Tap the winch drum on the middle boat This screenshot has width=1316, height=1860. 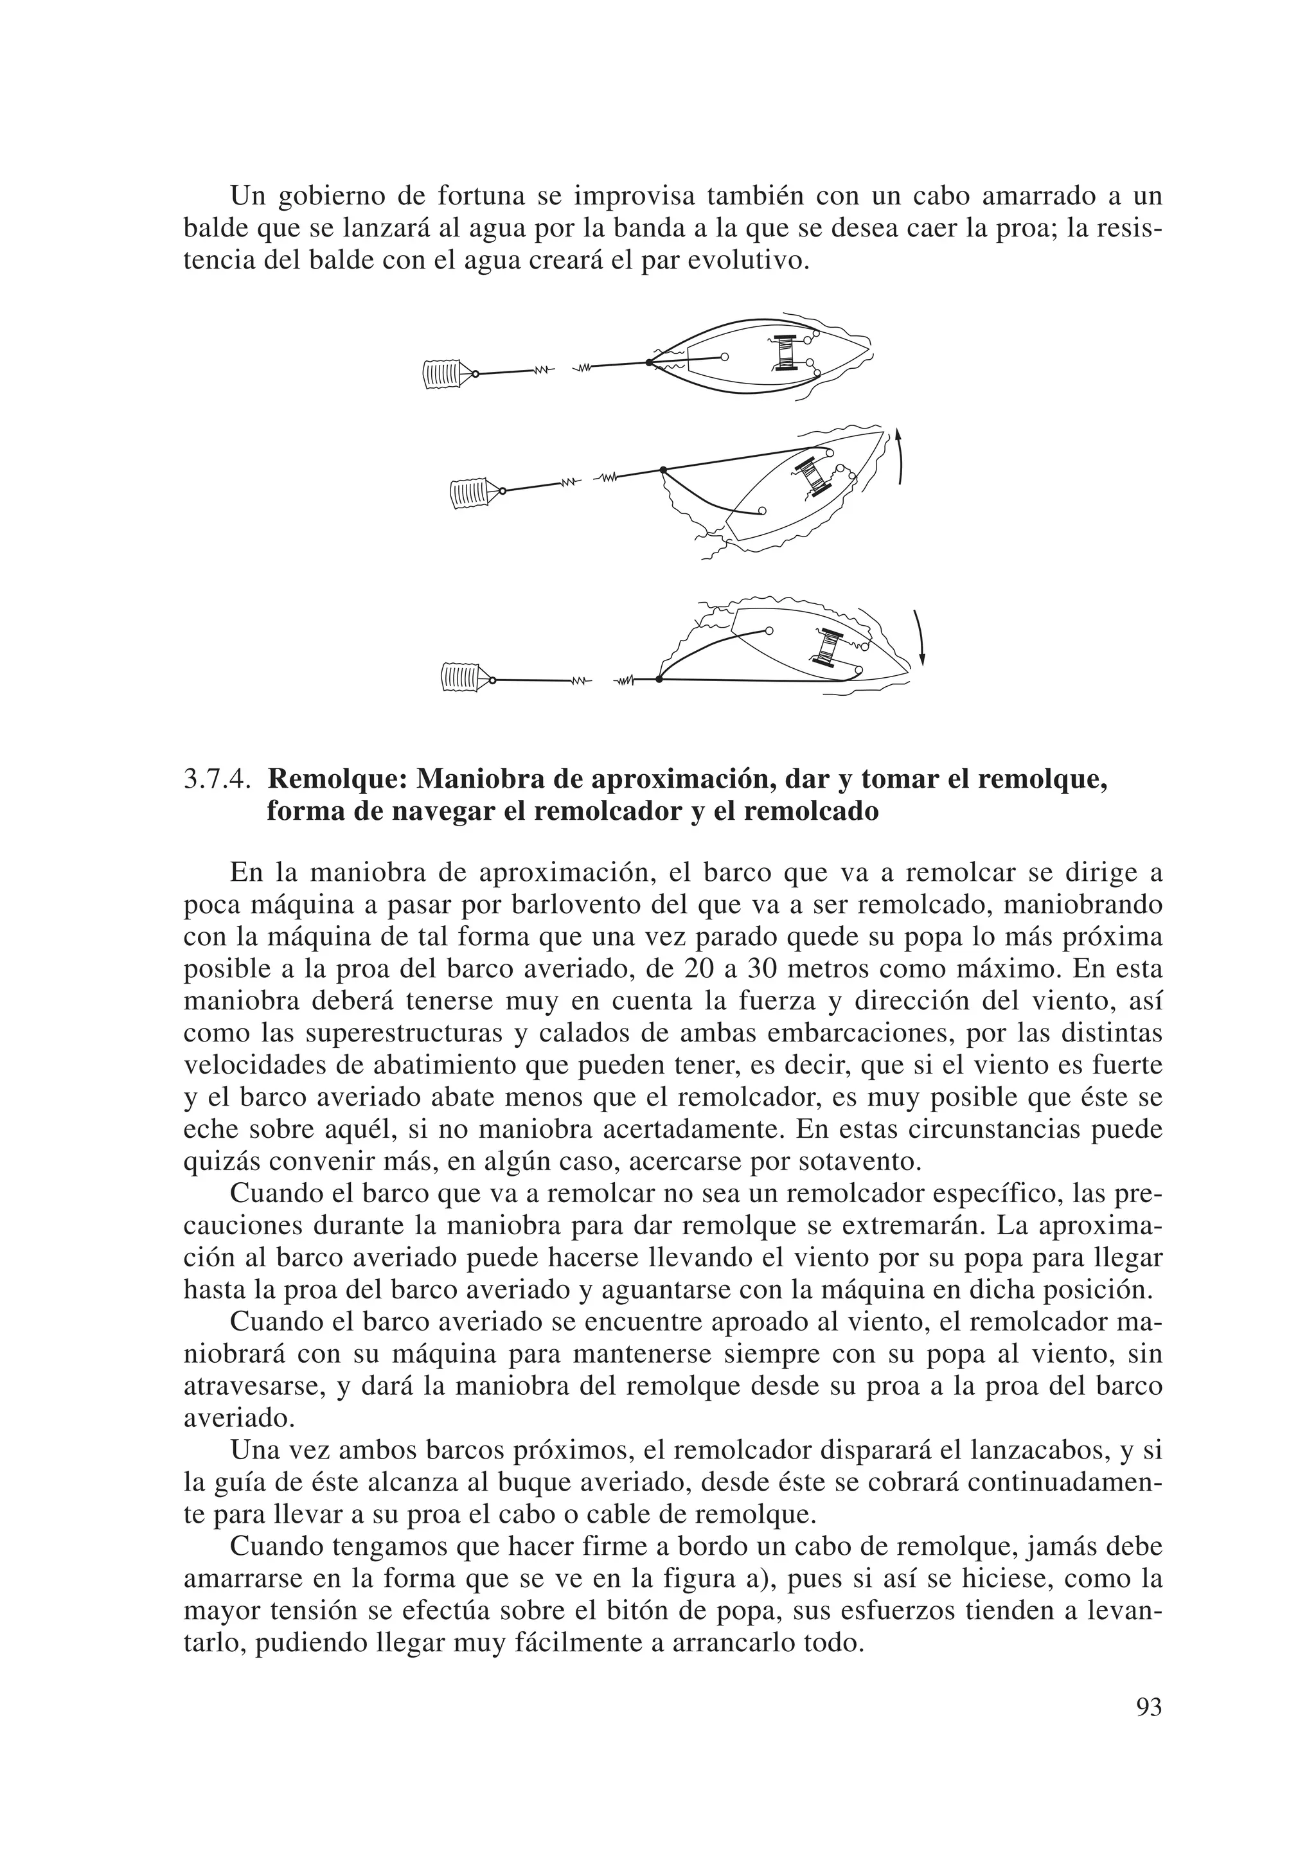tap(814, 477)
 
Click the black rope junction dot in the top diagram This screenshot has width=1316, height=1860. tap(649, 363)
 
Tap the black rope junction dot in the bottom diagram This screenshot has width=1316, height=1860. tap(659, 680)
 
